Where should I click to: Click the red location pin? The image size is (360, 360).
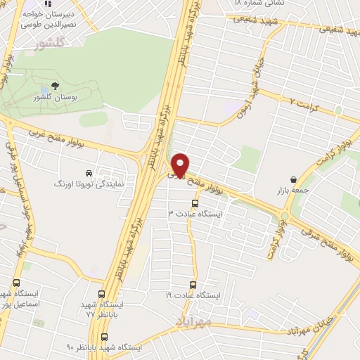click(x=180, y=164)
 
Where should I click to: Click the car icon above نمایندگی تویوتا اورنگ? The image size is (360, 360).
click(x=88, y=172)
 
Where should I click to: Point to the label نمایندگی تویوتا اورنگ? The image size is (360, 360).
click(x=89, y=183)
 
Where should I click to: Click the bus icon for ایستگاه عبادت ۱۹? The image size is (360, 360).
click(x=193, y=285)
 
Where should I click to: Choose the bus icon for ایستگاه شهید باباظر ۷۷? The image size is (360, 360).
click(x=103, y=294)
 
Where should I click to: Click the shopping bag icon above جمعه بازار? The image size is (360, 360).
click(x=292, y=179)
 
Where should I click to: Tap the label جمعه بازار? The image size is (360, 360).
click(x=292, y=189)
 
